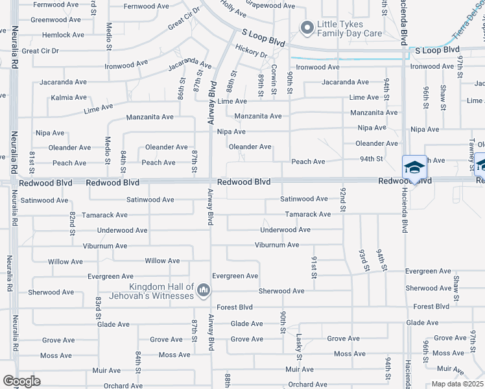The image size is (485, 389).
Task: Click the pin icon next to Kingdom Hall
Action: [204, 289]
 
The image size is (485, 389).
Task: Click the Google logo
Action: [21, 381]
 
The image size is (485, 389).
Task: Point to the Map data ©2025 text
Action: [458, 384]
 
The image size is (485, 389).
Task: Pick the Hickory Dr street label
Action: [252, 51]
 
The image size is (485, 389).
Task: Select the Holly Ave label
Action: [233, 8]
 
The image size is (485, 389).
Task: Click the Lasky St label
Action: [299, 346]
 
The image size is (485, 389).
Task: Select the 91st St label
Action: [314, 267]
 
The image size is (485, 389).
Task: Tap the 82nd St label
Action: [73, 220]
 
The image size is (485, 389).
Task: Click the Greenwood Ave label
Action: [55, 20]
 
